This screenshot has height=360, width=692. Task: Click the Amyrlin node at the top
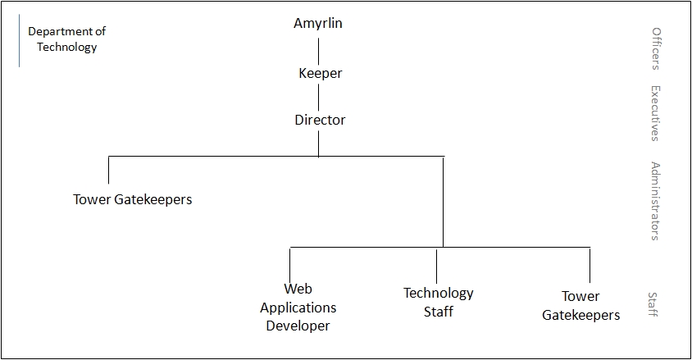point(318,24)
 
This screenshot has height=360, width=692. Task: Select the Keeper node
point(320,73)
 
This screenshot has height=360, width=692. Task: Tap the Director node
point(320,120)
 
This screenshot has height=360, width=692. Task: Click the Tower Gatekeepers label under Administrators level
point(132,199)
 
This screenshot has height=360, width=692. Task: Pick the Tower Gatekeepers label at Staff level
point(580,306)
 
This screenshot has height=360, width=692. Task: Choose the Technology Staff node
point(438,303)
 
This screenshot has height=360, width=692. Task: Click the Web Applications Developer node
point(298,307)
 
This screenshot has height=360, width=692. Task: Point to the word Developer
point(298,326)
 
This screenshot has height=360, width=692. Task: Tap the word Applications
point(298,308)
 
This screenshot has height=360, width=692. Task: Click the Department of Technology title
point(66,39)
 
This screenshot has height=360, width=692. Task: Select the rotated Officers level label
point(656,48)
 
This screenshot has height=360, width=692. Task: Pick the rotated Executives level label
point(656,113)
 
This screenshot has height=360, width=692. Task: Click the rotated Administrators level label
point(656,201)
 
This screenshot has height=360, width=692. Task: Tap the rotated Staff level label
point(653,304)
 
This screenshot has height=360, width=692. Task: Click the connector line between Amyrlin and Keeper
point(319,51)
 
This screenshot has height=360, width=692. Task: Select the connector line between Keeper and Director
point(319,98)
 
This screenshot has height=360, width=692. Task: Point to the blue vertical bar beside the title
point(20,40)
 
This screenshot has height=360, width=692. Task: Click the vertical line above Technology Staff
point(436,266)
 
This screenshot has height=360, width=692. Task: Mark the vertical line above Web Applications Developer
point(290,266)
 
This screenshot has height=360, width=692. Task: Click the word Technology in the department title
point(66,48)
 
